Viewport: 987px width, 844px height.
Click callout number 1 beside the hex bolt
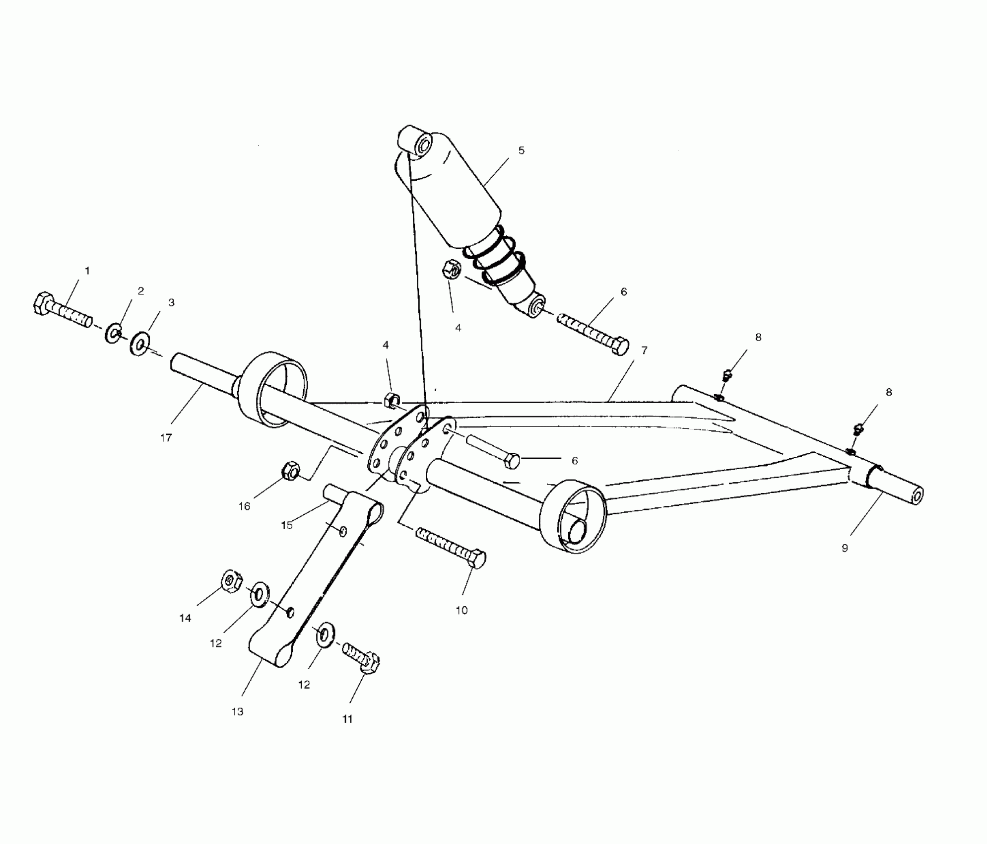87,271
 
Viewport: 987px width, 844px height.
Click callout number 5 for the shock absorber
521,150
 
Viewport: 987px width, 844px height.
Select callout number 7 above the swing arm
644,351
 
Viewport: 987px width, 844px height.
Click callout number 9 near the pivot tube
845,548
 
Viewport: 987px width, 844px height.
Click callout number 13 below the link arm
238,711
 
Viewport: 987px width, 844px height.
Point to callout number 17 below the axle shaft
166,437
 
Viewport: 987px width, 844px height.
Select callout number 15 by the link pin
287,525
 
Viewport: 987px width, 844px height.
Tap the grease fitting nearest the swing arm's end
860,429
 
